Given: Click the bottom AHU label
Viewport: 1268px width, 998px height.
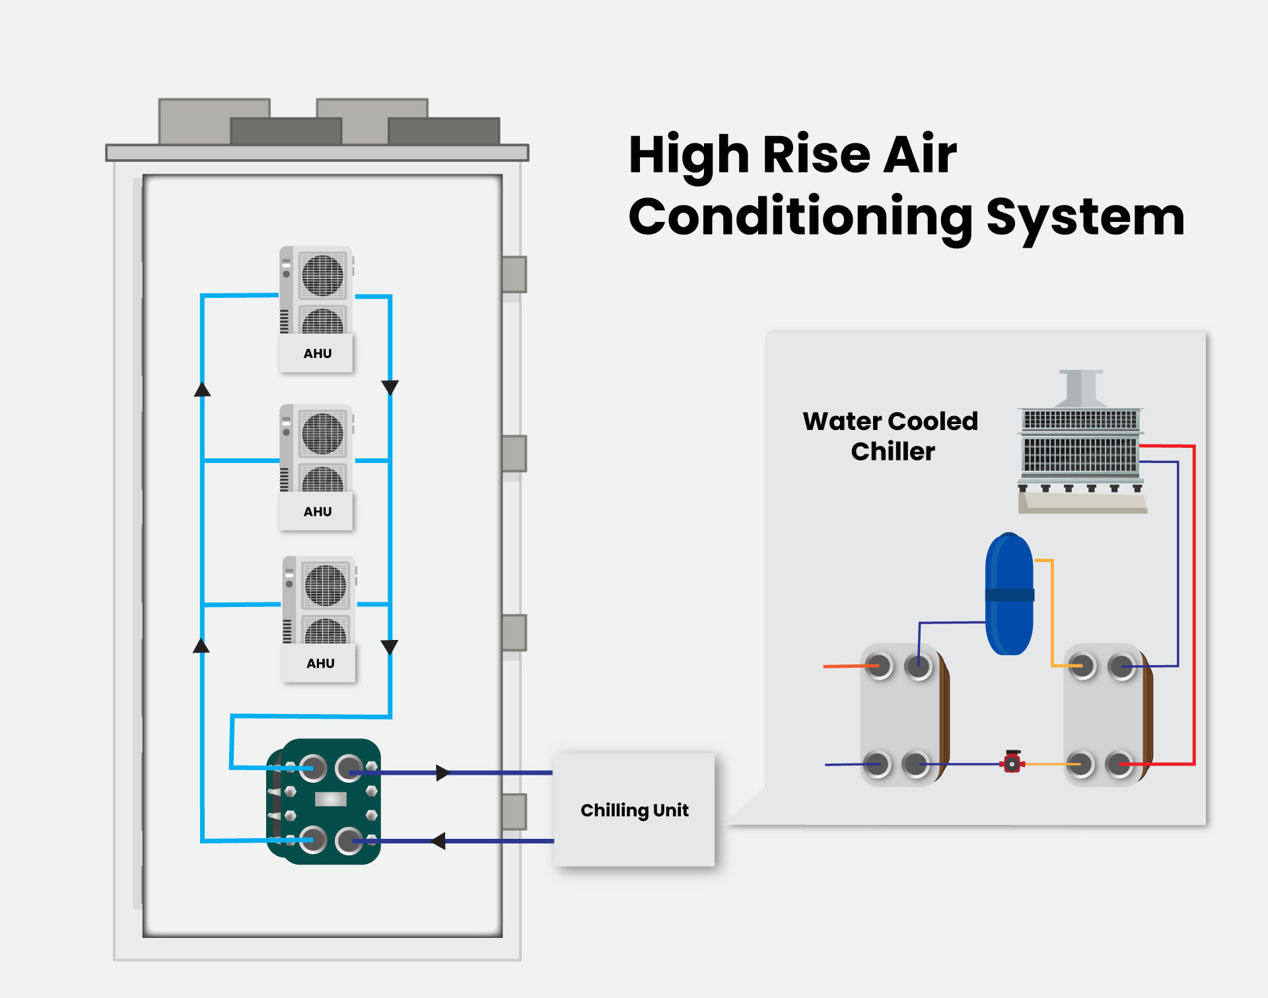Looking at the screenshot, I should click(x=320, y=663).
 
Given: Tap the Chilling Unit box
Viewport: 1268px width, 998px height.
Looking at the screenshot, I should click(x=634, y=810).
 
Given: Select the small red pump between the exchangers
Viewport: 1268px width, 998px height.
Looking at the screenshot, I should click(x=1012, y=762).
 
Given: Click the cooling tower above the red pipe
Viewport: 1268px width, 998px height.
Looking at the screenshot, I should click(x=1080, y=443).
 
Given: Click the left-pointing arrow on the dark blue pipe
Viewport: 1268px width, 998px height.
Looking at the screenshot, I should click(x=438, y=841).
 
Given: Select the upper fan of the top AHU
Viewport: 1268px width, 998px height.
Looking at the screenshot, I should click(x=322, y=275).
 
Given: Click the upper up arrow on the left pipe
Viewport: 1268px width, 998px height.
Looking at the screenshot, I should click(x=202, y=389).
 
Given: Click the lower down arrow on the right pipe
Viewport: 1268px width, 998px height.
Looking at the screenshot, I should click(x=390, y=647).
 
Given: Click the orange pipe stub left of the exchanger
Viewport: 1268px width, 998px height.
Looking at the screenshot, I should click(x=842, y=666).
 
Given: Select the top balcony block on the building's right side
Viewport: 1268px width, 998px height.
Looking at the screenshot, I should click(x=514, y=274).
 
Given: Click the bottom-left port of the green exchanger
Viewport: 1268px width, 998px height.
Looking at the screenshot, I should click(x=313, y=839).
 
